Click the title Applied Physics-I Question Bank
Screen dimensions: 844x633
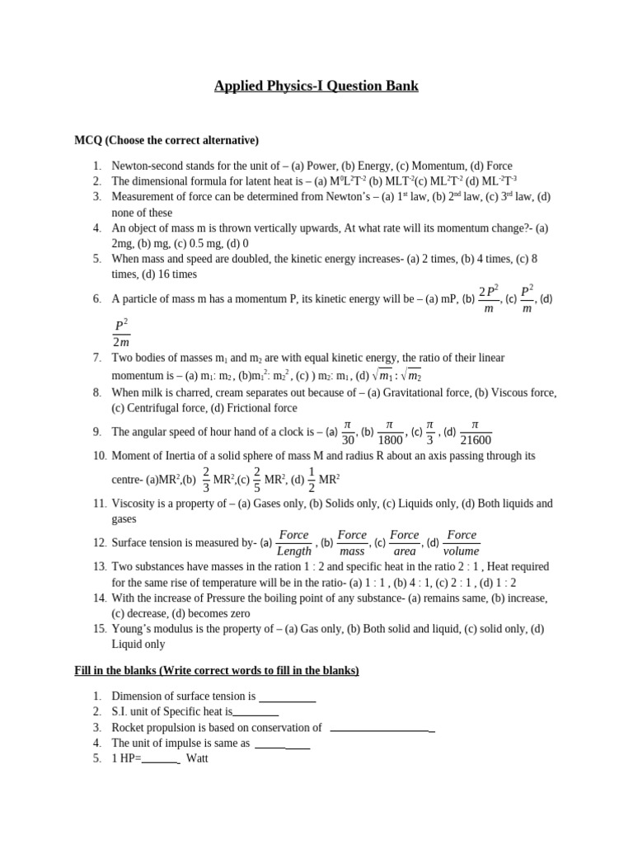pyautogui.click(x=316, y=86)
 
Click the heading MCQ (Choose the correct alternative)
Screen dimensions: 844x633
pyautogui.click(x=166, y=139)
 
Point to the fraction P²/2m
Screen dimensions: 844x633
pyautogui.click(x=121, y=334)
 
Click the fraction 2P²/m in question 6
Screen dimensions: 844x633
pyautogui.click(x=489, y=298)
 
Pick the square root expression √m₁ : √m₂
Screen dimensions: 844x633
pyautogui.click(x=396, y=375)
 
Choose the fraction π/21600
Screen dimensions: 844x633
pyautogui.click(x=474, y=432)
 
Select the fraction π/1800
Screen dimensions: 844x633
pyautogui.click(x=391, y=432)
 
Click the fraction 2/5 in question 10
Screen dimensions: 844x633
pyautogui.click(x=256, y=478)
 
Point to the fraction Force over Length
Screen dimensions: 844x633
pyautogui.click(x=294, y=543)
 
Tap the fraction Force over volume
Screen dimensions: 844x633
pyautogui.click(x=462, y=543)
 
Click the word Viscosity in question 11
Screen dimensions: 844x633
pyautogui.click(x=133, y=503)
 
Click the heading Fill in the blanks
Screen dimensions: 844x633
pyautogui.click(x=217, y=670)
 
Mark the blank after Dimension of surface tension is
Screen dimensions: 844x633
pyautogui.click(x=288, y=696)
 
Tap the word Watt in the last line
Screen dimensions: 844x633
pyautogui.click(x=197, y=758)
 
